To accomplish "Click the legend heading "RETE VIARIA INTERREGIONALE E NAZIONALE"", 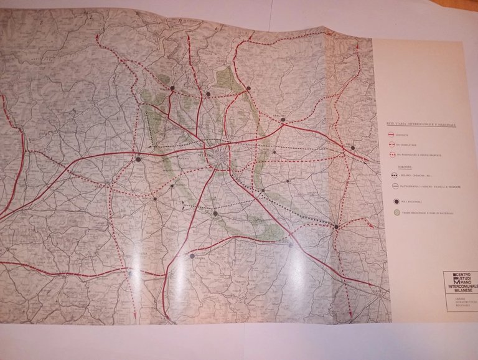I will tap(421, 125).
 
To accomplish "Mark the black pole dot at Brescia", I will tap(352, 148).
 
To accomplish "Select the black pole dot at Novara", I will tap(138, 159).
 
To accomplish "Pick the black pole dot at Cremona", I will tap(336, 227).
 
